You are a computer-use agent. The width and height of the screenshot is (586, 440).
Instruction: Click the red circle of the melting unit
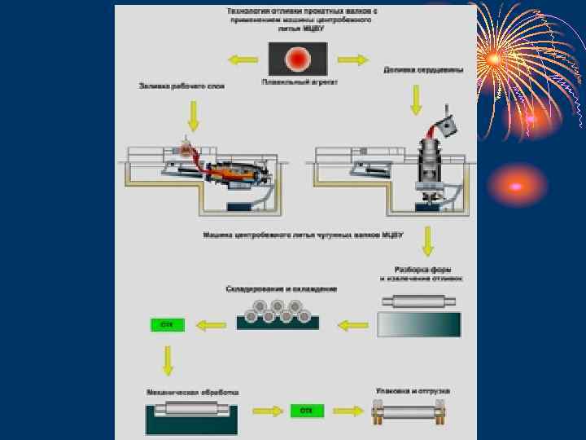tap(298, 59)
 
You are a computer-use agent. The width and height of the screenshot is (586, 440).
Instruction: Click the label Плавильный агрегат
tap(297, 82)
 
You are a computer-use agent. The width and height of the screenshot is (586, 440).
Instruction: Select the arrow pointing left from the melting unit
tap(241, 59)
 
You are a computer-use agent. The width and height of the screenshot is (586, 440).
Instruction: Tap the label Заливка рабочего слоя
tap(181, 85)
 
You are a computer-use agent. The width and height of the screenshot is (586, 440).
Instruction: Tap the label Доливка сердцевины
tap(423, 70)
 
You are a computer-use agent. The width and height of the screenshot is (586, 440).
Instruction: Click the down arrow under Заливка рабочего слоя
tap(193, 115)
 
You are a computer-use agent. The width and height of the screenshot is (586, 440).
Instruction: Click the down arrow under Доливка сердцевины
tap(416, 99)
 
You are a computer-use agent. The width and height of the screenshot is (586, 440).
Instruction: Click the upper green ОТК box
tap(168, 324)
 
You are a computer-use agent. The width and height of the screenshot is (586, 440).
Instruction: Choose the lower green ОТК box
tap(306, 410)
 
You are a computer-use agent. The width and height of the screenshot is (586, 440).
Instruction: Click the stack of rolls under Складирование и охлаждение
tap(277, 312)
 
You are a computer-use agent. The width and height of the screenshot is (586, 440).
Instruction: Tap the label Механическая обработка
tap(192, 392)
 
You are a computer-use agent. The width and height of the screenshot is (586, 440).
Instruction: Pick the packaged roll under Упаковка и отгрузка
tap(412, 412)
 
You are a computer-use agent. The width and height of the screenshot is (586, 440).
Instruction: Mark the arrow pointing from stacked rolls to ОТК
tap(212, 324)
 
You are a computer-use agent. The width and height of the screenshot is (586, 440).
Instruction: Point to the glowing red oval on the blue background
tap(516, 186)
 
